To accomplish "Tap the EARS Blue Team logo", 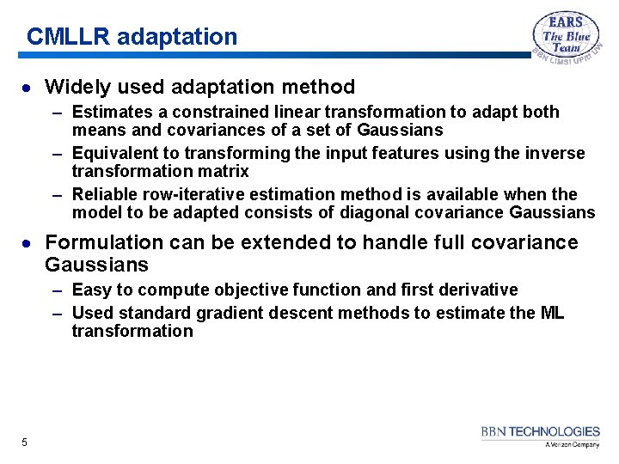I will tap(567, 40).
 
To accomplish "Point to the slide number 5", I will tap(25, 443).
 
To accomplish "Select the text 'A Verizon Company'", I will tap(572, 445).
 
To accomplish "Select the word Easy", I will tap(92, 290).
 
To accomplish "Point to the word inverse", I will tap(555, 153).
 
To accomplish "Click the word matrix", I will tap(224, 171).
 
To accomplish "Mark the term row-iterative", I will tap(202, 194).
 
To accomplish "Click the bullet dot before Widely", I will tap(28, 88).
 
